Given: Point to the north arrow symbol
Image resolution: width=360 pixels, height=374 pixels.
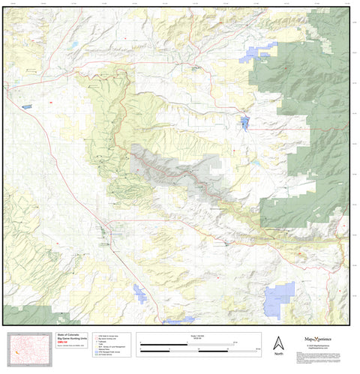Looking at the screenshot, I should [x=277, y=340].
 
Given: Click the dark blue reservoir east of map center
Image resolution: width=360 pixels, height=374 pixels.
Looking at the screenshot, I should [x=244, y=122].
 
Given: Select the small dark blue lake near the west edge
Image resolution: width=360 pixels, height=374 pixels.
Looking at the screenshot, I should [x=28, y=106].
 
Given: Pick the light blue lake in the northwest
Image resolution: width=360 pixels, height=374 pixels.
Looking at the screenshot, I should [x=75, y=44].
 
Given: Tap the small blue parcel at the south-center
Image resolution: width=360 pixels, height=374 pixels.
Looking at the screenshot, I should [x=139, y=294].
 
